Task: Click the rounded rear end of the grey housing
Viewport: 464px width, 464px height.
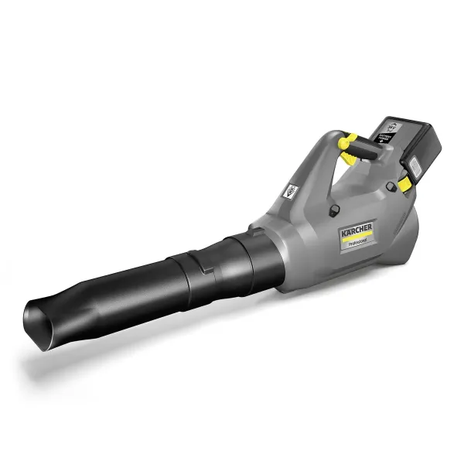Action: coord(408,232)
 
